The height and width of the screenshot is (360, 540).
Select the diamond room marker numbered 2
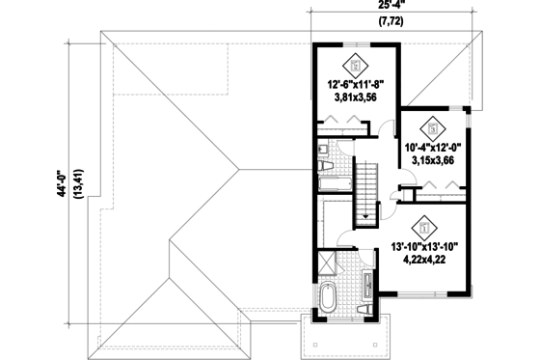coord(433,127)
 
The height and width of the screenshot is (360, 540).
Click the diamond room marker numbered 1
coord(422,228)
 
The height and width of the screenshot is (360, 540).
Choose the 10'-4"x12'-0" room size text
coord(434,147)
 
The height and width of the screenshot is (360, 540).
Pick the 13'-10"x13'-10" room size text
coord(425,247)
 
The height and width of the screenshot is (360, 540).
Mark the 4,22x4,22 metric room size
coord(425,260)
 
